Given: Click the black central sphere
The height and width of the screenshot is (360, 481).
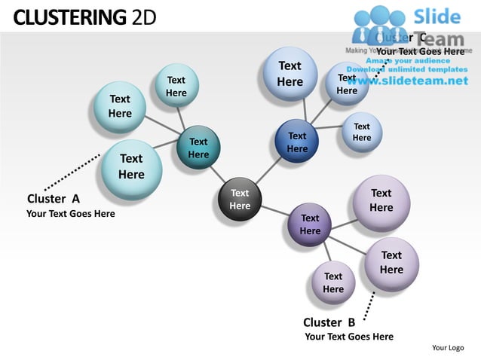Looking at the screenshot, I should click(x=240, y=200).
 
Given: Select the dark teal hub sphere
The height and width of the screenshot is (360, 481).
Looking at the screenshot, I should click(x=198, y=148).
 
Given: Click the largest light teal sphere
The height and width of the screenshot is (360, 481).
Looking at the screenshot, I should click(x=131, y=166).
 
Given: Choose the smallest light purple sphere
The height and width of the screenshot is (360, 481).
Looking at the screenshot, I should click(x=333, y=282).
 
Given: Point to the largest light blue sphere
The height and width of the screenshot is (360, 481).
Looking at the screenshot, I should click(x=290, y=74).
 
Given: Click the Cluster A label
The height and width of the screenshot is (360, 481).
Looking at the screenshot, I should click(x=54, y=199).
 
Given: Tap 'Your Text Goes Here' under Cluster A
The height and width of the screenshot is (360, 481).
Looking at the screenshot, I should click(x=71, y=214).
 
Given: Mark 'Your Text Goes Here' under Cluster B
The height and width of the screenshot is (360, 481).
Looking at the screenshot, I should click(x=349, y=337).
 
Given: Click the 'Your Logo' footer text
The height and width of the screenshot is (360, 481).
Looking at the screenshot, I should click(x=448, y=347).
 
